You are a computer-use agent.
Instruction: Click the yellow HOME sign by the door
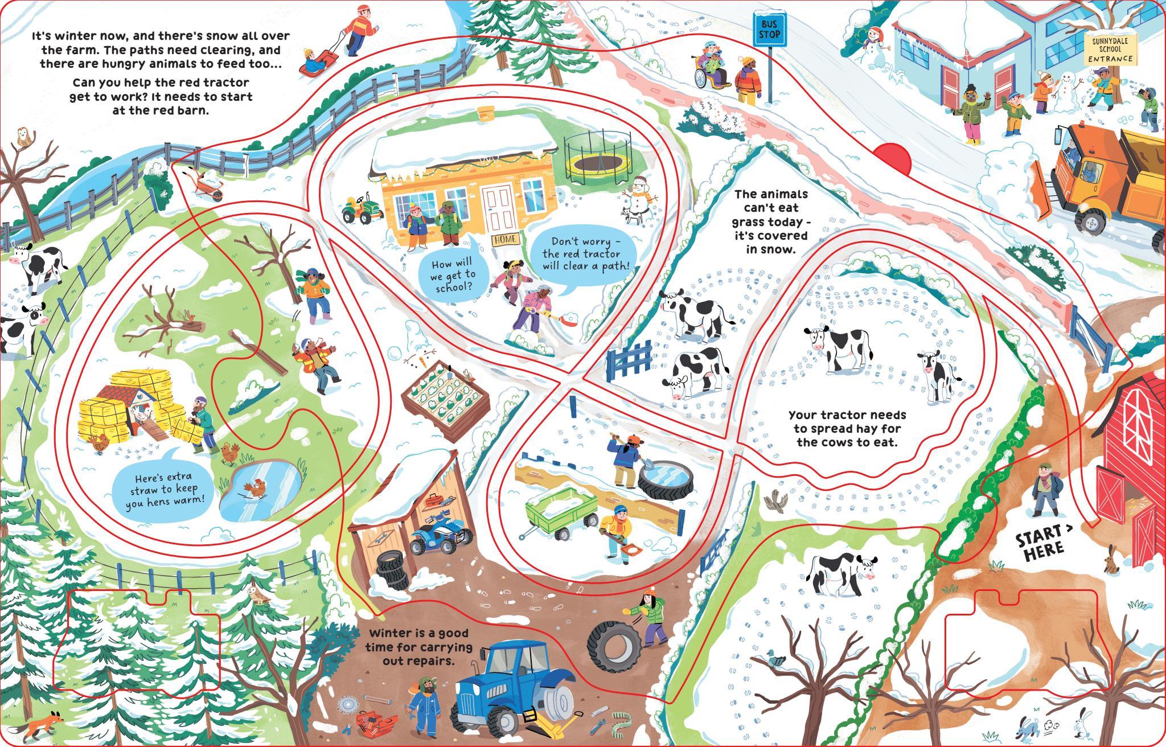tap(504, 240)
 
